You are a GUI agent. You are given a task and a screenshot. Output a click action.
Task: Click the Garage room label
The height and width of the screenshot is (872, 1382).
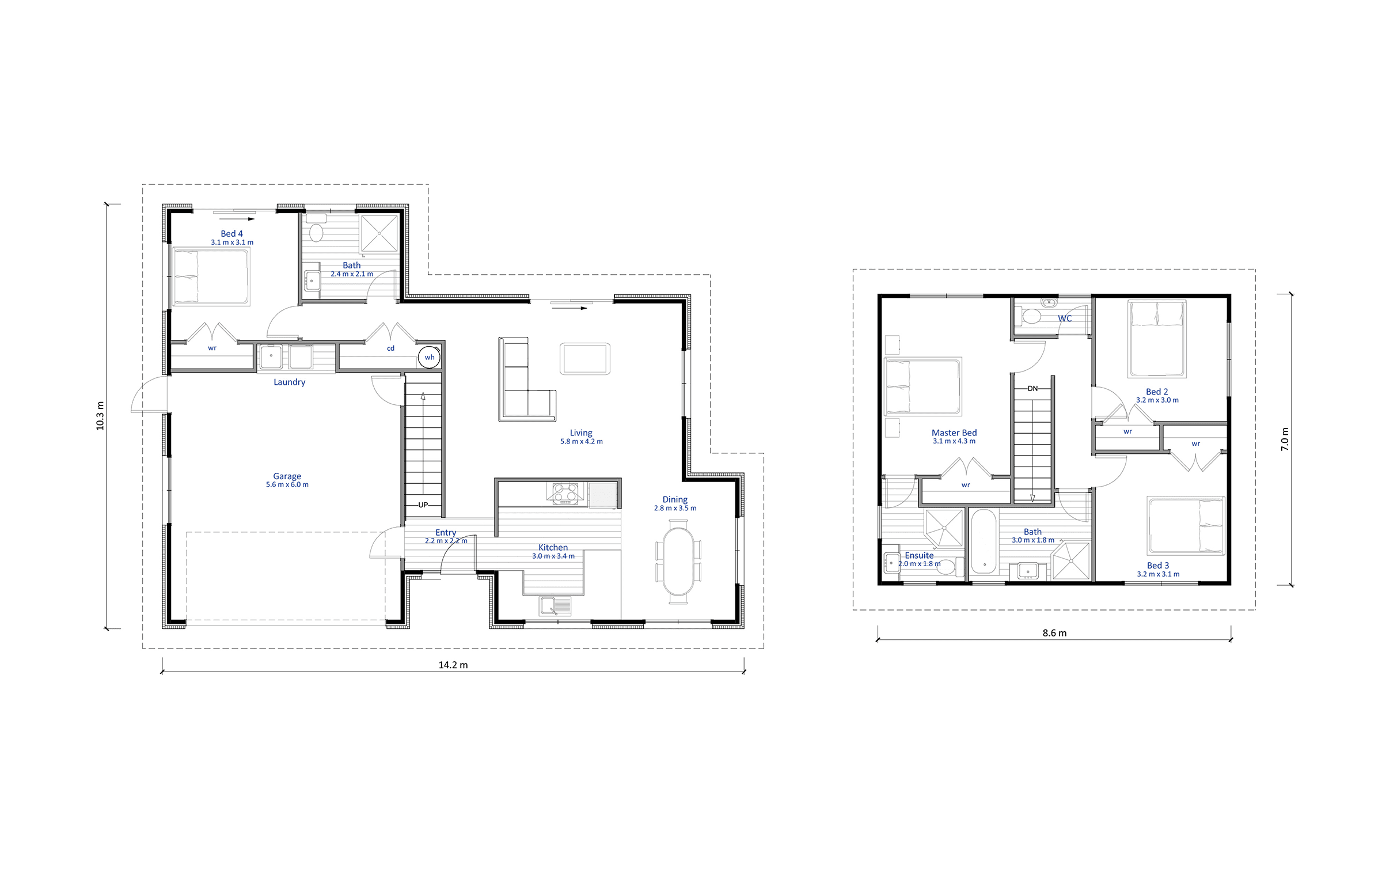(287, 476)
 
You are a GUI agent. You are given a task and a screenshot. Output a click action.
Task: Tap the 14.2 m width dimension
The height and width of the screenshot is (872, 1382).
(453, 665)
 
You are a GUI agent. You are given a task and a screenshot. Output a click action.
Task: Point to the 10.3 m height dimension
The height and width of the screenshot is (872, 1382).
(100, 416)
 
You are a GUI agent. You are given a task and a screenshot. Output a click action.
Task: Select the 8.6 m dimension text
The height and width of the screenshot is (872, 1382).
(1054, 633)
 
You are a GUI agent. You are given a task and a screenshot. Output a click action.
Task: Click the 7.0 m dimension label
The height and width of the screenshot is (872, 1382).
(1285, 439)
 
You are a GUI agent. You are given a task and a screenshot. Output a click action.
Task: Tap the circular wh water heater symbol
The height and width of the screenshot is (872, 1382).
(429, 357)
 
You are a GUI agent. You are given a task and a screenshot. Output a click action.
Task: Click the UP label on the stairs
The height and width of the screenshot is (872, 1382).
(423, 505)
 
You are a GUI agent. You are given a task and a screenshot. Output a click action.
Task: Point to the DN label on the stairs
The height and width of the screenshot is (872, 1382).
(1032, 389)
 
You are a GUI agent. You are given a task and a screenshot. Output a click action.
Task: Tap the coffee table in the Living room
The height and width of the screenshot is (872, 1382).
(585, 359)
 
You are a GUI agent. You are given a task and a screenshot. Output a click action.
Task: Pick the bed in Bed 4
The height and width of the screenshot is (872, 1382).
(211, 276)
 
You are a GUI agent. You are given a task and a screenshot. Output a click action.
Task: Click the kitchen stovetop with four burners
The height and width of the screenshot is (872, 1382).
(565, 494)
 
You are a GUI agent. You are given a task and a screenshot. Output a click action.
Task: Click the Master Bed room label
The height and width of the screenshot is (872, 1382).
(954, 433)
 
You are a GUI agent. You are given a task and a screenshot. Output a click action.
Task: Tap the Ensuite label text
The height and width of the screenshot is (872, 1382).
(919, 555)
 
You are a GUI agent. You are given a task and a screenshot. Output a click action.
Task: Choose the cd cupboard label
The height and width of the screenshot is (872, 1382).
(390, 348)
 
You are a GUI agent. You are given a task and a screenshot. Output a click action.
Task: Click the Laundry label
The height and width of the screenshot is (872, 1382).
(289, 382)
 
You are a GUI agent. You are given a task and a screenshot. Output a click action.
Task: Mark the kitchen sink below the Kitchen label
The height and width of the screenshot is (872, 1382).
(555, 606)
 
